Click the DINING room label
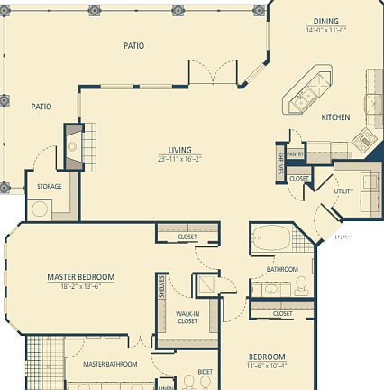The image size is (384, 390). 325,22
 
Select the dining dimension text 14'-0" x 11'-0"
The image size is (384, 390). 325,30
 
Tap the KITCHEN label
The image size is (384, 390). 335,117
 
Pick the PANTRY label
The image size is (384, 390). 296,153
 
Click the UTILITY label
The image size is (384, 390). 343,190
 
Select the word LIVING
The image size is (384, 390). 179,150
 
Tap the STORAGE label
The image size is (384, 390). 50,186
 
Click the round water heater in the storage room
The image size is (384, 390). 40,209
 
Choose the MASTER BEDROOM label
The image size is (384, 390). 81,276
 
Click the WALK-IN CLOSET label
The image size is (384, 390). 187,317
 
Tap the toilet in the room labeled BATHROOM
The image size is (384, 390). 301,286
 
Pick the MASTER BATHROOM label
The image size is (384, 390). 110,364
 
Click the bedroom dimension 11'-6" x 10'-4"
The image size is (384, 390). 267,365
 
